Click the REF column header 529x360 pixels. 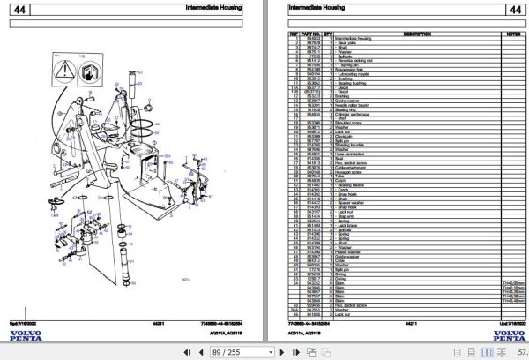point(293,34)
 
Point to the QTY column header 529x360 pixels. point(330,34)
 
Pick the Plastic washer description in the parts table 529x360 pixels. point(350,252)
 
